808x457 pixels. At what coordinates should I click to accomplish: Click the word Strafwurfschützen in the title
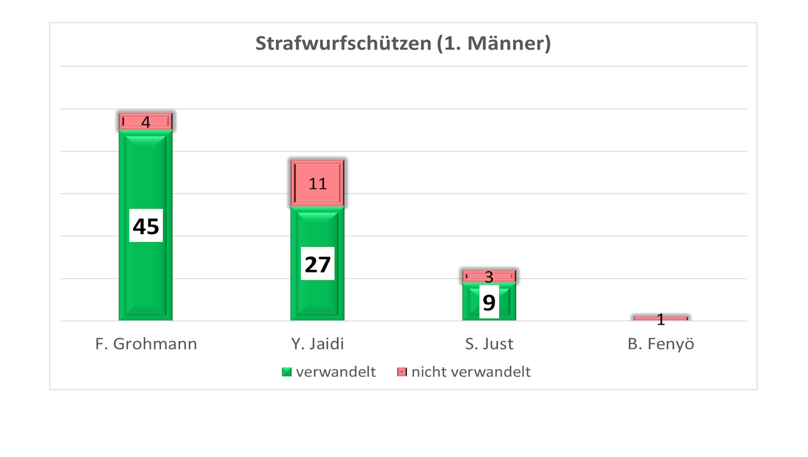coord(343,43)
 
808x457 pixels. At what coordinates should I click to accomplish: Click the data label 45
coord(146,226)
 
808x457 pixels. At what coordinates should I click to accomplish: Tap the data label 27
coord(317,264)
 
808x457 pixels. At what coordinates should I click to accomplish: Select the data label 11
coord(317,184)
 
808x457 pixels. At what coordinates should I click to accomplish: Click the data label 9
coord(489,302)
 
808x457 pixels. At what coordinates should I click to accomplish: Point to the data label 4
coord(145,122)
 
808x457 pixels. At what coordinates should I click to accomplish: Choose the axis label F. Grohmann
coord(146,344)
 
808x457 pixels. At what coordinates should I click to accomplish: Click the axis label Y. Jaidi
coord(317,344)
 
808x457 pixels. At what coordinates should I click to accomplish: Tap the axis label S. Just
coord(489,344)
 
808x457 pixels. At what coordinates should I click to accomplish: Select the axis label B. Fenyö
coord(661,344)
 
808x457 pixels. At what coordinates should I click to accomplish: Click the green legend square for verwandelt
coord(286,372)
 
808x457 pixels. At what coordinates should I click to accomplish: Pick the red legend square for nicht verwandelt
coord(402,372)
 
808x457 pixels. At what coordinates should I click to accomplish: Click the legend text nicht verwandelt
coord(471,372)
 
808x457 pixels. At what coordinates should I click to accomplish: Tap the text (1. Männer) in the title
coord(493,43)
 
